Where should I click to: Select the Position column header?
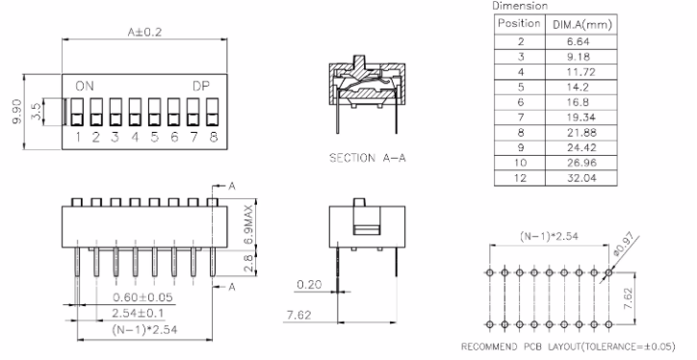pos(519,23)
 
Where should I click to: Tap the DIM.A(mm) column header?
pos(582,25)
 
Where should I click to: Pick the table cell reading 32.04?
pos(581,178)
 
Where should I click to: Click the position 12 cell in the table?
pos(520,178)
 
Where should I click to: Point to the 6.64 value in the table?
pos(578,41)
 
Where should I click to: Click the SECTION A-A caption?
pos(367,158)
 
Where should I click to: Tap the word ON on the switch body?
pos(85,87)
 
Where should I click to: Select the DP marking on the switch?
pos(201,87)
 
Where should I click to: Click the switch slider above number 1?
pos(77,113)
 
